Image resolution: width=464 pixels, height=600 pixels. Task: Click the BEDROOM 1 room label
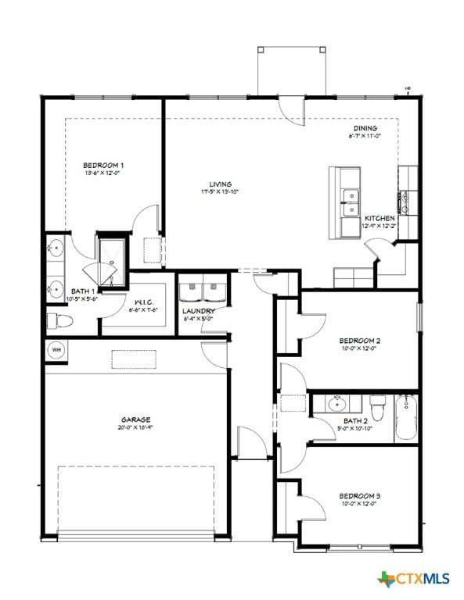coord(103,166)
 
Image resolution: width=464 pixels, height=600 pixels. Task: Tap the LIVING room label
coord(209,184)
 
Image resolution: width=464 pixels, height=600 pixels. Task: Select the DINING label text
coord(364,128)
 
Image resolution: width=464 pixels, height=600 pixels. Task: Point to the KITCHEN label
coord(379,218)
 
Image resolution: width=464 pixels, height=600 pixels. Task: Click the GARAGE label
coord(135,420)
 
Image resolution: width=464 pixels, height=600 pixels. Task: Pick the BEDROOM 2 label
coord(359,341)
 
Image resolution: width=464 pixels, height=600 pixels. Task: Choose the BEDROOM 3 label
coord(359,496)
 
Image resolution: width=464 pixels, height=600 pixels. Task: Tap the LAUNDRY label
coord(199,311)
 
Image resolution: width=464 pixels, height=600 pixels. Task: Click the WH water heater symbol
coord(56,349)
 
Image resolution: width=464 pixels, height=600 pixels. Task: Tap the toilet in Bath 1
coord(59,320)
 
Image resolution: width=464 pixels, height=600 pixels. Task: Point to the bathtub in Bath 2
coord(407,419)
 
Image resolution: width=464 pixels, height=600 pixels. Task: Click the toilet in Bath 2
coord(377,406)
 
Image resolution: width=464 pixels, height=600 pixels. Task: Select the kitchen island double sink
coord(349,202)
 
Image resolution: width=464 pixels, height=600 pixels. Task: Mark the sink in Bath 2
coord(338,404)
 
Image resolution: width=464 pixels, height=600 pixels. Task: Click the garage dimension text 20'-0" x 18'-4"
coord(135,428)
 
